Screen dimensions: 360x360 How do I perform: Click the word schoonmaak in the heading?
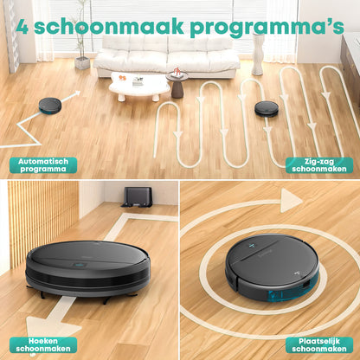[112, 25]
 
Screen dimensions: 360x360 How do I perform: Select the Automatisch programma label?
[43, 164]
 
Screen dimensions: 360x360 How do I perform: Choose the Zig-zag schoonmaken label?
[319, 164]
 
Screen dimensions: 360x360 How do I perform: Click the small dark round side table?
[177, 84]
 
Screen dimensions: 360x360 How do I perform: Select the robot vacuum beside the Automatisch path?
[51, 105]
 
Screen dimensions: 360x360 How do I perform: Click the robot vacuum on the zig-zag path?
[267, 108]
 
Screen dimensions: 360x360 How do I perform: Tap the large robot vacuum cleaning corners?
[87, 265]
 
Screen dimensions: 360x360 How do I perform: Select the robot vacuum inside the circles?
[271, 264]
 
